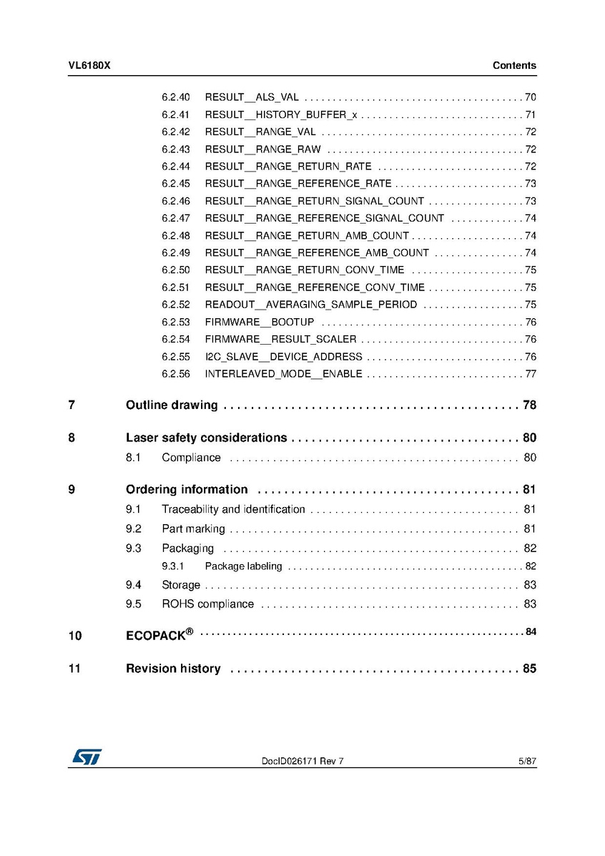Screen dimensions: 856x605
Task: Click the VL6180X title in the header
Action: (x=89, y=66)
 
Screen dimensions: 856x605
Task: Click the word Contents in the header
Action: (x=514, y=66)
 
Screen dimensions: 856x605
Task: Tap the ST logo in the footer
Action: (x=86, y=757)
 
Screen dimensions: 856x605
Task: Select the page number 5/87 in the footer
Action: (x=527, y=762)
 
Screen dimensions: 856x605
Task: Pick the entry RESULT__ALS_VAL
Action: (x=252, y=97)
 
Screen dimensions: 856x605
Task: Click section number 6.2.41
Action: (x=175, y=114)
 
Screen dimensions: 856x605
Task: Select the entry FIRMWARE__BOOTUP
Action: (x=259, y=323)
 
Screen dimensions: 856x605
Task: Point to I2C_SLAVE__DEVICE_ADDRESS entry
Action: (x=283, y=357)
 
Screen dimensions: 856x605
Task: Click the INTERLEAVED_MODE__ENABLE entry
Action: (x=283, y=374)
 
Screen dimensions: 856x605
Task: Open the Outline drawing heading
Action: (x=172, y=405)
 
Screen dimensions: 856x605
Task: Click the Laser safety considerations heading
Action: (x=206, y=438)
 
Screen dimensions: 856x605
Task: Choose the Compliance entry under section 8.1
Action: (x=191, y=458)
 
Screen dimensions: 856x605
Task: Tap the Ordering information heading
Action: (x=187, y=490)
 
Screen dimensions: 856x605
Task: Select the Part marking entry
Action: (x=193, y=529)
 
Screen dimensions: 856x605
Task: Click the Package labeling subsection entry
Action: (x=243, y=566)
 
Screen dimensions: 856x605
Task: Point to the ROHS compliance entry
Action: (x=207, y=604)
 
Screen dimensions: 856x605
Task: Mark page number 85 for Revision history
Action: (x=529, y=669)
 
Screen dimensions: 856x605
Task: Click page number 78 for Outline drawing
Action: (x=529, y=405)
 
